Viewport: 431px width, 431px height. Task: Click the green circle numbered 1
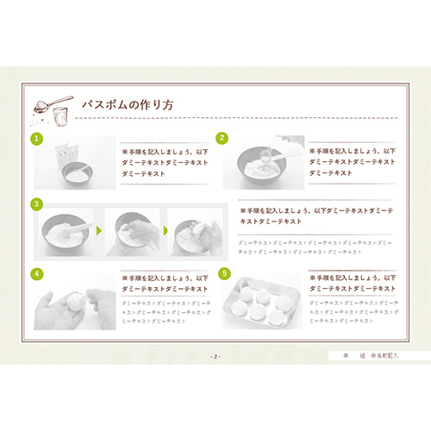37,139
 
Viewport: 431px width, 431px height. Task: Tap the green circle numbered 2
222,138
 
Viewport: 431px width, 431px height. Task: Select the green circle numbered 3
37,204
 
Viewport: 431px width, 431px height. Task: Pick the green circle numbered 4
37,273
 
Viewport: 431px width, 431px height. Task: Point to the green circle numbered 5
224,273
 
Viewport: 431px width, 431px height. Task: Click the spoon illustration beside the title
48,107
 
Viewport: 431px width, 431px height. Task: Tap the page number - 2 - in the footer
215,355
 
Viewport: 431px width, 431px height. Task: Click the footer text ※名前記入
384,355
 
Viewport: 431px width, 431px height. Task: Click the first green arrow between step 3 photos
99,230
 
